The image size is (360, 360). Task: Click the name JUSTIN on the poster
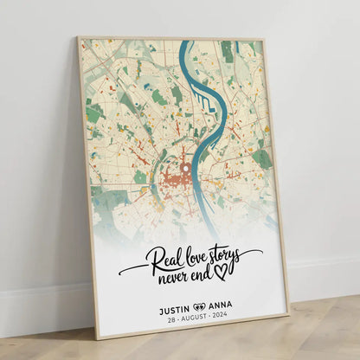[176, 305]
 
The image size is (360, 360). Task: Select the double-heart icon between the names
[200, 305]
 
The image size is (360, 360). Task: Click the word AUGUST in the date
[198, 318]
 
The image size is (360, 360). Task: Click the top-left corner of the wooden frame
[78, 37]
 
